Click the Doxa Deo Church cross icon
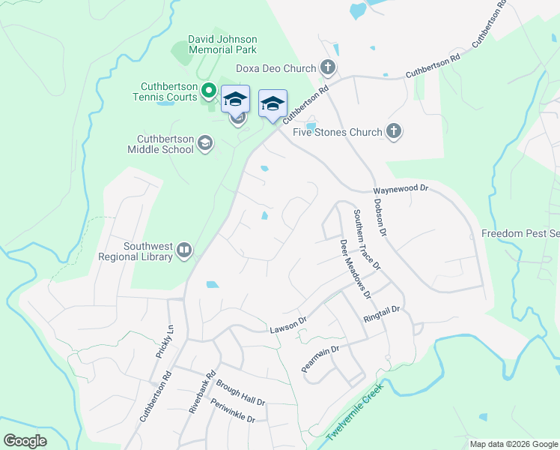[327, 68]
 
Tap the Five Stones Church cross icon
[394, 132]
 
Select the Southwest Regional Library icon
[184, 250]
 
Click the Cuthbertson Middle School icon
[204, 143]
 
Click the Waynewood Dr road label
[401, 190]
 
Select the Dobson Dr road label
[380, 218]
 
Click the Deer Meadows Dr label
[355, 268]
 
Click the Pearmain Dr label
[320, 359]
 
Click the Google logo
[25, 441]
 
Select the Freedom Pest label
[520, 233]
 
